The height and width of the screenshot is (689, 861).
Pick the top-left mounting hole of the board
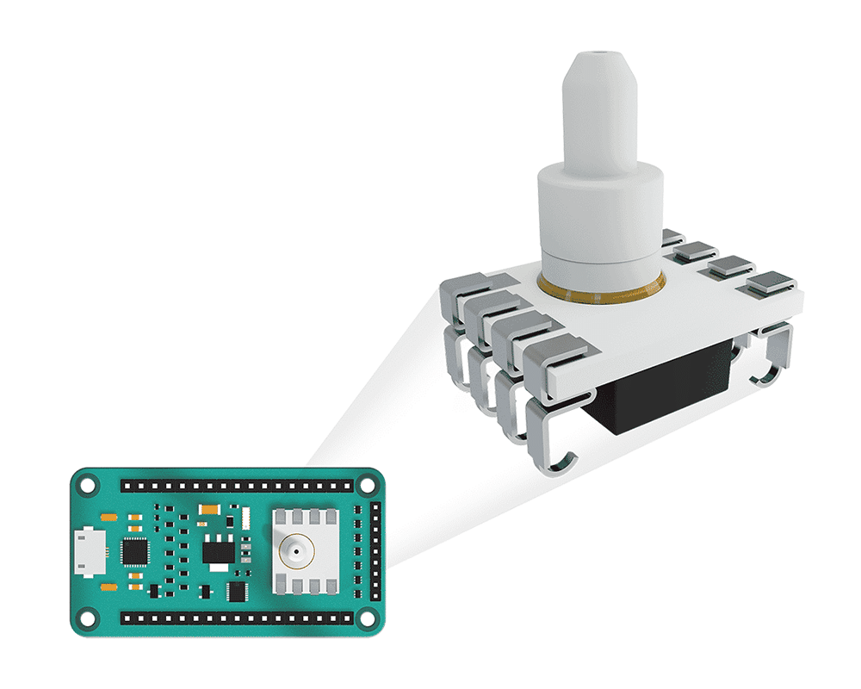tap(87, 486)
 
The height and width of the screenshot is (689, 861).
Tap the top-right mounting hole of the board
tap(368, 486)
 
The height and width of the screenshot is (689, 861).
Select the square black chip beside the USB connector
tap(135, 551)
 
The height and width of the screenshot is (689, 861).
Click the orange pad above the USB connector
tap(108, 518)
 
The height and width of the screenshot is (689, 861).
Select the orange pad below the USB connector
tap(108, 587)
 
